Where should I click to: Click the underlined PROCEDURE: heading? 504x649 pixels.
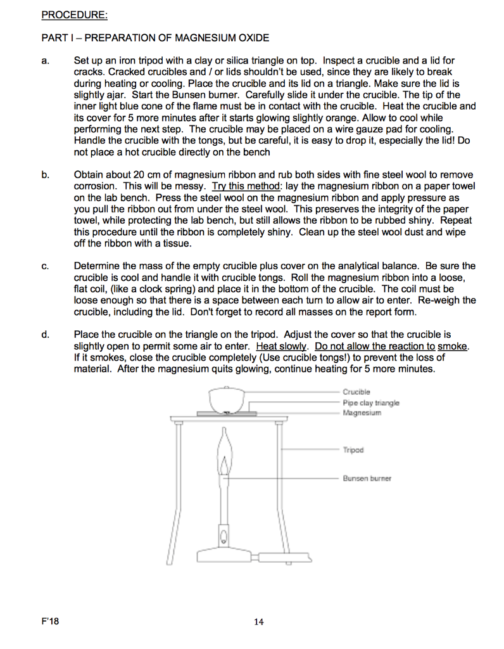coord(75,15)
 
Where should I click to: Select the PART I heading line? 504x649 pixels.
coord(155,38)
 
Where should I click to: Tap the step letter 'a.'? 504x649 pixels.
coord(46,61)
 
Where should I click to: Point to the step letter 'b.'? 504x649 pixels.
coord(46,175)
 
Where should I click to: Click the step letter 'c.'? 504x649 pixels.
coord(46,266)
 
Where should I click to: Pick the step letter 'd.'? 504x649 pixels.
coord(46,335)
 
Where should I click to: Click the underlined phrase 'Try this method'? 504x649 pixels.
coord(246,186)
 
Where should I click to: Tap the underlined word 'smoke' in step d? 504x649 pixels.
coord(452,346)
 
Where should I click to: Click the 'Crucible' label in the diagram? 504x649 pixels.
coord(356,392)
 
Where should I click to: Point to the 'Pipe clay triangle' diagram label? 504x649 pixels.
coord(371,402)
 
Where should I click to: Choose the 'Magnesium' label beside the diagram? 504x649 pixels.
coord(362,413)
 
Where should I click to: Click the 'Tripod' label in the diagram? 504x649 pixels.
coord(353,449)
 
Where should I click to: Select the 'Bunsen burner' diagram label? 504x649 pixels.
coord(367,478)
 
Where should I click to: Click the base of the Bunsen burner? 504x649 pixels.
coord(224,555)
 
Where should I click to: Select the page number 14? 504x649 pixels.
coord(259,622)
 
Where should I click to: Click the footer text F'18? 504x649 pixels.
coord(50,621)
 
